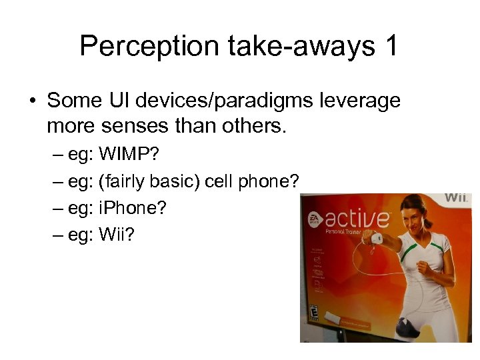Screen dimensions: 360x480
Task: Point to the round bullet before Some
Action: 32,101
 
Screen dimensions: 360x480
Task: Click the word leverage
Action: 359,101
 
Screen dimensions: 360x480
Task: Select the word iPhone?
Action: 133,208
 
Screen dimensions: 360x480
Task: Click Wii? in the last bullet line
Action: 116,235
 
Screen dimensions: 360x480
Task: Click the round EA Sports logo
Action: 313,220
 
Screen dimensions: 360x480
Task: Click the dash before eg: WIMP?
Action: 58,155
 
